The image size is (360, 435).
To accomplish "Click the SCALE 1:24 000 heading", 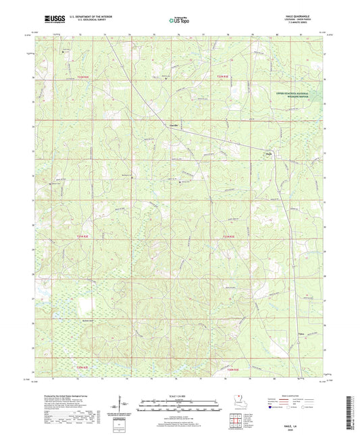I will [180, 395].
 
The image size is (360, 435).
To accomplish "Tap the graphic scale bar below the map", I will [180, 407].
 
